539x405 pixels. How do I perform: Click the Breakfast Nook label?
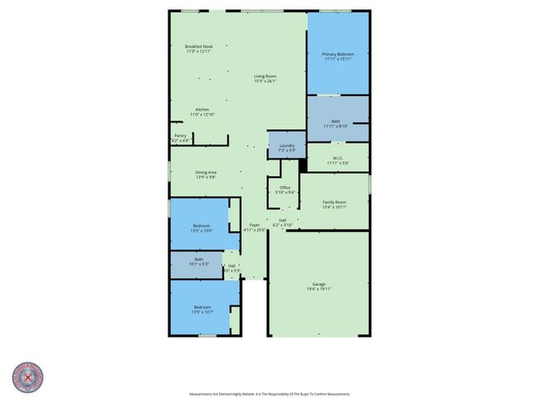click(199, 46)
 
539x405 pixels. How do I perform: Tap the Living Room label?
click(265, 77)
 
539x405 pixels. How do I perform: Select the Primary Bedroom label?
click(338, 54)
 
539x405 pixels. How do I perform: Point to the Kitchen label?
click(202, 110)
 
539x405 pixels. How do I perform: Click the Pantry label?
click(180, 135)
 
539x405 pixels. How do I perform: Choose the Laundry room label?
click(286, 145)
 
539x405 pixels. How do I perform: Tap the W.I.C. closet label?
click(337, 158)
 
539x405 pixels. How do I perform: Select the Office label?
click(286, 187)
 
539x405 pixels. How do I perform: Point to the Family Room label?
click(334, 202)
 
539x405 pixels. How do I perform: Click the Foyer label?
click(254, 224)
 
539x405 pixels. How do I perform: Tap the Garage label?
click(318, 284)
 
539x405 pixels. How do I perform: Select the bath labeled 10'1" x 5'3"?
click(199, 259)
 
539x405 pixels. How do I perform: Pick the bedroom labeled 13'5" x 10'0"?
click(201, 225)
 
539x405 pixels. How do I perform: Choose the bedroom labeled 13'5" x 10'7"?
click(202, 307)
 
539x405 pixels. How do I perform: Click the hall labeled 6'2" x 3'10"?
click(282, 220)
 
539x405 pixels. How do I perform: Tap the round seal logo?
click(28, 379)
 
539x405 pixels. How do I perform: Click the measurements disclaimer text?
click(269, 394)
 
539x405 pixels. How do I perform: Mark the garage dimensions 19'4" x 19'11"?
click(318, 289)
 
